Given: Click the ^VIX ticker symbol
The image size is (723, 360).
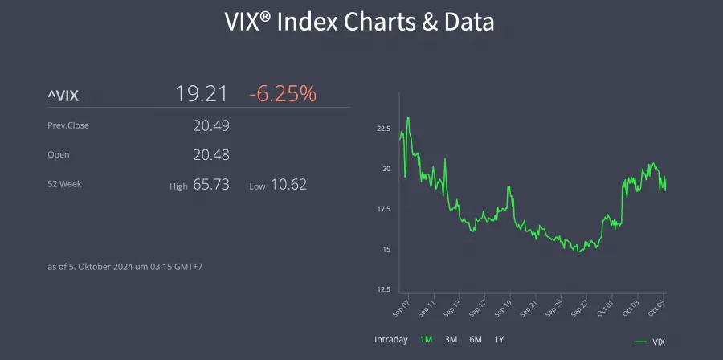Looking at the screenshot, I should pos(63,96).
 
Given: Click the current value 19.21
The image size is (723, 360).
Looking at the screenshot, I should pos(202,94).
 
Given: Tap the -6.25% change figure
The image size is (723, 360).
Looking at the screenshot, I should pos(283,94).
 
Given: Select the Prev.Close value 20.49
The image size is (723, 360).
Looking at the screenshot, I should pos(211,125).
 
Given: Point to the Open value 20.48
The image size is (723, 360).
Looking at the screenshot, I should pos(211,154).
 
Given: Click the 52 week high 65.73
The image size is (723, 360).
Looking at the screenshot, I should pos(211,184).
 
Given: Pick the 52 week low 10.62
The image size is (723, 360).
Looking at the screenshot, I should pos(288,184).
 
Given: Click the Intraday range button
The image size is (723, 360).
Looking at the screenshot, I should pos(391,339).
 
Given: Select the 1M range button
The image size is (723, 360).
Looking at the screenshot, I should pos(426,339).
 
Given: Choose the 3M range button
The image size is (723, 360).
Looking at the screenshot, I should pos(451,339).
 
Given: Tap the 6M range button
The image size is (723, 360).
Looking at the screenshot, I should pos(476,339).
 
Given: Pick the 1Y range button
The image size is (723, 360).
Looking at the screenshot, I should pos(499,339).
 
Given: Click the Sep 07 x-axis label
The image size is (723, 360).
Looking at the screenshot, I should pos(401,308).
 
